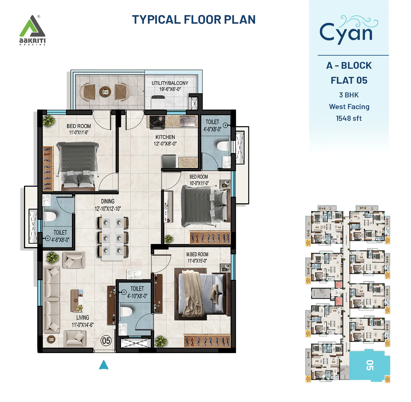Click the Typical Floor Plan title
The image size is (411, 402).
(194, 20)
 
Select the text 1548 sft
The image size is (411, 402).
(349, 118)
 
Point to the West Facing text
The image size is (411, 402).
(349, 107)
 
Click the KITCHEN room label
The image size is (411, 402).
(165, 137)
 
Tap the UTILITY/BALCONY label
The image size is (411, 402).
(170, 83)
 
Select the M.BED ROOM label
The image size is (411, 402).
(197, 255)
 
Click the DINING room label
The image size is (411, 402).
(108, 201)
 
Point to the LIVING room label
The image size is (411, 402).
(83, 317)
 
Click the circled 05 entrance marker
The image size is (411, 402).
(106, 341)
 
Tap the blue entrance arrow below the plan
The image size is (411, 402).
(104, 365)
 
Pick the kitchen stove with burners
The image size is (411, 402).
(157, 122)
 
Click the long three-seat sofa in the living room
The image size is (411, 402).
(52, 300)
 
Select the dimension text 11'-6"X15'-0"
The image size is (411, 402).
(197, 261)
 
